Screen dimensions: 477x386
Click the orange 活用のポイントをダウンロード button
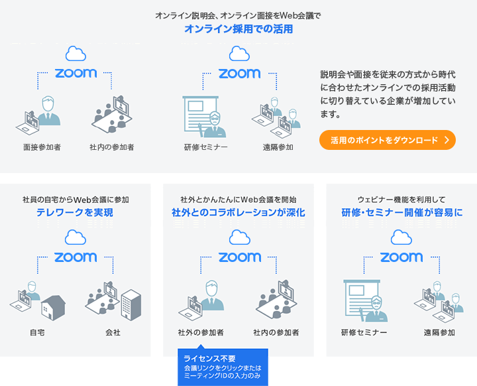point(388,140)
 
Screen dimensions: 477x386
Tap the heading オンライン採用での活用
point(238,29)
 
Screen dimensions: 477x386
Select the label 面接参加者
point(42,147)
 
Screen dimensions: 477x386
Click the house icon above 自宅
point(53,307)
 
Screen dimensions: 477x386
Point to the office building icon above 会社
point(131,304)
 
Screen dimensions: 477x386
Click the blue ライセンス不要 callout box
point(223,367)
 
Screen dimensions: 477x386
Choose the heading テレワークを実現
point(75,212)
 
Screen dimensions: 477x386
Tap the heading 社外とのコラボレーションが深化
point(238,212)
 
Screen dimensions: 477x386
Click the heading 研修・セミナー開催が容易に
point(402,212)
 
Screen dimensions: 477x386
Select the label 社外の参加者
point(201,332)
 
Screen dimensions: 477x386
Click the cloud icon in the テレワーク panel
point(76,237)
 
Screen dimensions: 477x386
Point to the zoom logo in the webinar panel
point(401,257)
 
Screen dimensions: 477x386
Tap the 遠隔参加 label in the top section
point(278,147)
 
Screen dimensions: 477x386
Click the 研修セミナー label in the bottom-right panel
point(364,332)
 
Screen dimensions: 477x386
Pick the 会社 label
point(113,332)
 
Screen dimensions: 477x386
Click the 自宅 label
point(37,332)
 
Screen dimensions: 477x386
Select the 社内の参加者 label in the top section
point(112,147)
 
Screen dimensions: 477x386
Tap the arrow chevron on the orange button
point(447,140)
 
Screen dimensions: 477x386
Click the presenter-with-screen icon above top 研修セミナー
point(205,117)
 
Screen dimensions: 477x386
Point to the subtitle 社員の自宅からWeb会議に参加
point(76,200)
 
